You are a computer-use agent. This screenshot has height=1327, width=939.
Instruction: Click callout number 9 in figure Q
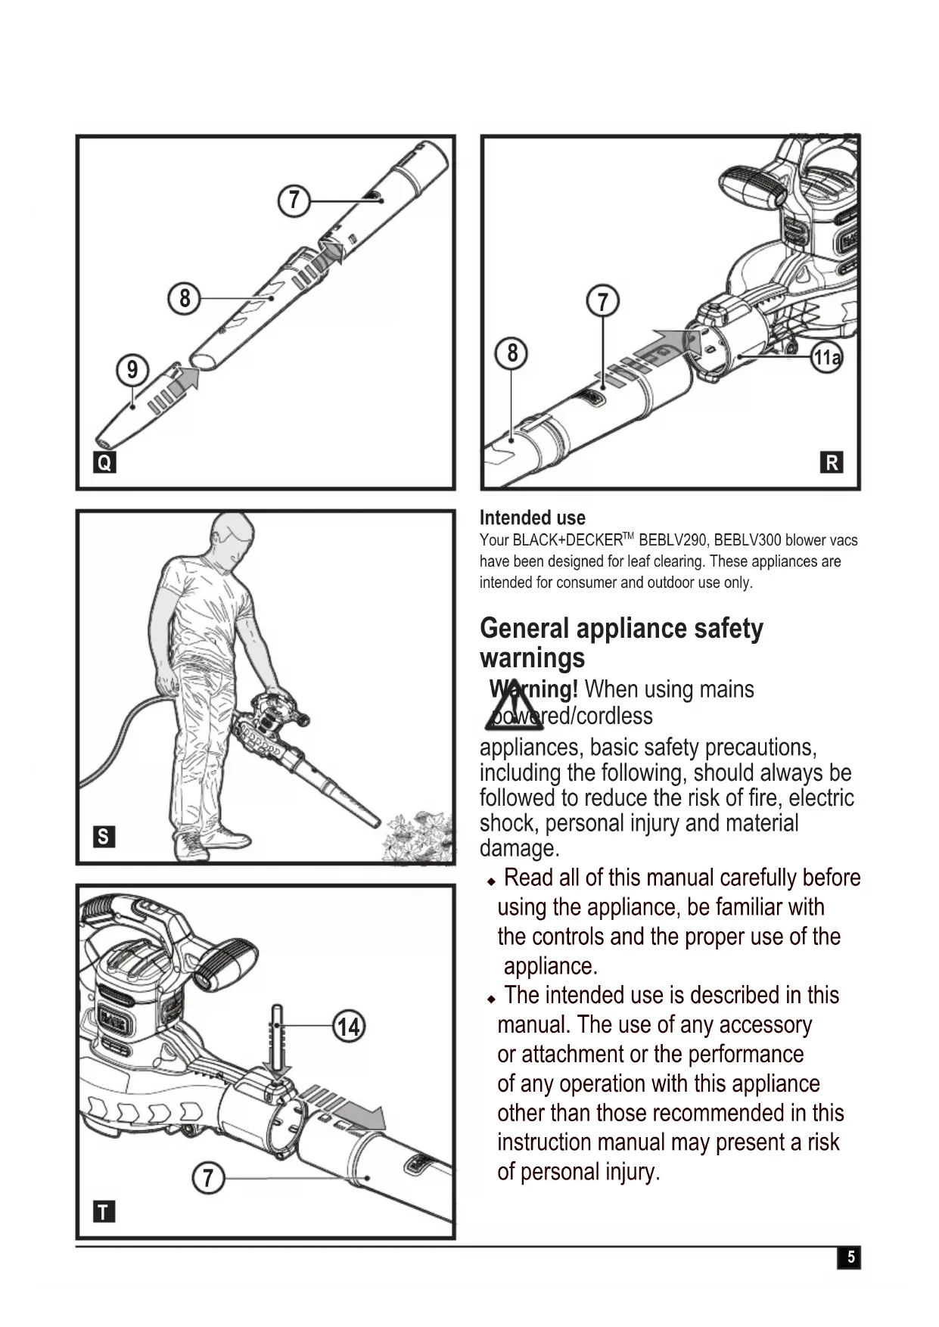pos(132,370)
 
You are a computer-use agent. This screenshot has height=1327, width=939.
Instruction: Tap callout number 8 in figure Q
pos(185,298)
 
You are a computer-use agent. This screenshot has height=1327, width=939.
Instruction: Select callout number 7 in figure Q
pos(294,200)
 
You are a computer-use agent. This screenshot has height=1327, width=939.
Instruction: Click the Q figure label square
pos(104,462)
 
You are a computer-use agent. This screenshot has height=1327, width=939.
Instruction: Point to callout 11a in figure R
pos(826,357)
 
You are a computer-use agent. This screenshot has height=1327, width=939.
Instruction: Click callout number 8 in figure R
pos(512,353)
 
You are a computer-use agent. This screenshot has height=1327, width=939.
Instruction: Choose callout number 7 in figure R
pos(603,302)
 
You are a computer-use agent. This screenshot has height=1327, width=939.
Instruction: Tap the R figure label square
pos(832,462)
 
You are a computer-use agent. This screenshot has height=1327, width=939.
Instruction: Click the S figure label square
pos(103,837)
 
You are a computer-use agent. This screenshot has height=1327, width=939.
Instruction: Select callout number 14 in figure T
pos(349,1027)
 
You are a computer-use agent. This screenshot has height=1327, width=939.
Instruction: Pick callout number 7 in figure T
pos(208,1178)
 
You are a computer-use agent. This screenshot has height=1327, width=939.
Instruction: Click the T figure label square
pos(103,1212)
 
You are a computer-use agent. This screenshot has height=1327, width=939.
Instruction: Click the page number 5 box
pos(850,1257)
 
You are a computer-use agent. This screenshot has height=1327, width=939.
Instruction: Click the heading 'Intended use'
pos(532,518)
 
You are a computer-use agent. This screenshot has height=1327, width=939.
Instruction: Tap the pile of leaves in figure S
pos(418,838)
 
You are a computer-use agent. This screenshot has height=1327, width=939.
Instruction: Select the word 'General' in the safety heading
pos(524,629)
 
